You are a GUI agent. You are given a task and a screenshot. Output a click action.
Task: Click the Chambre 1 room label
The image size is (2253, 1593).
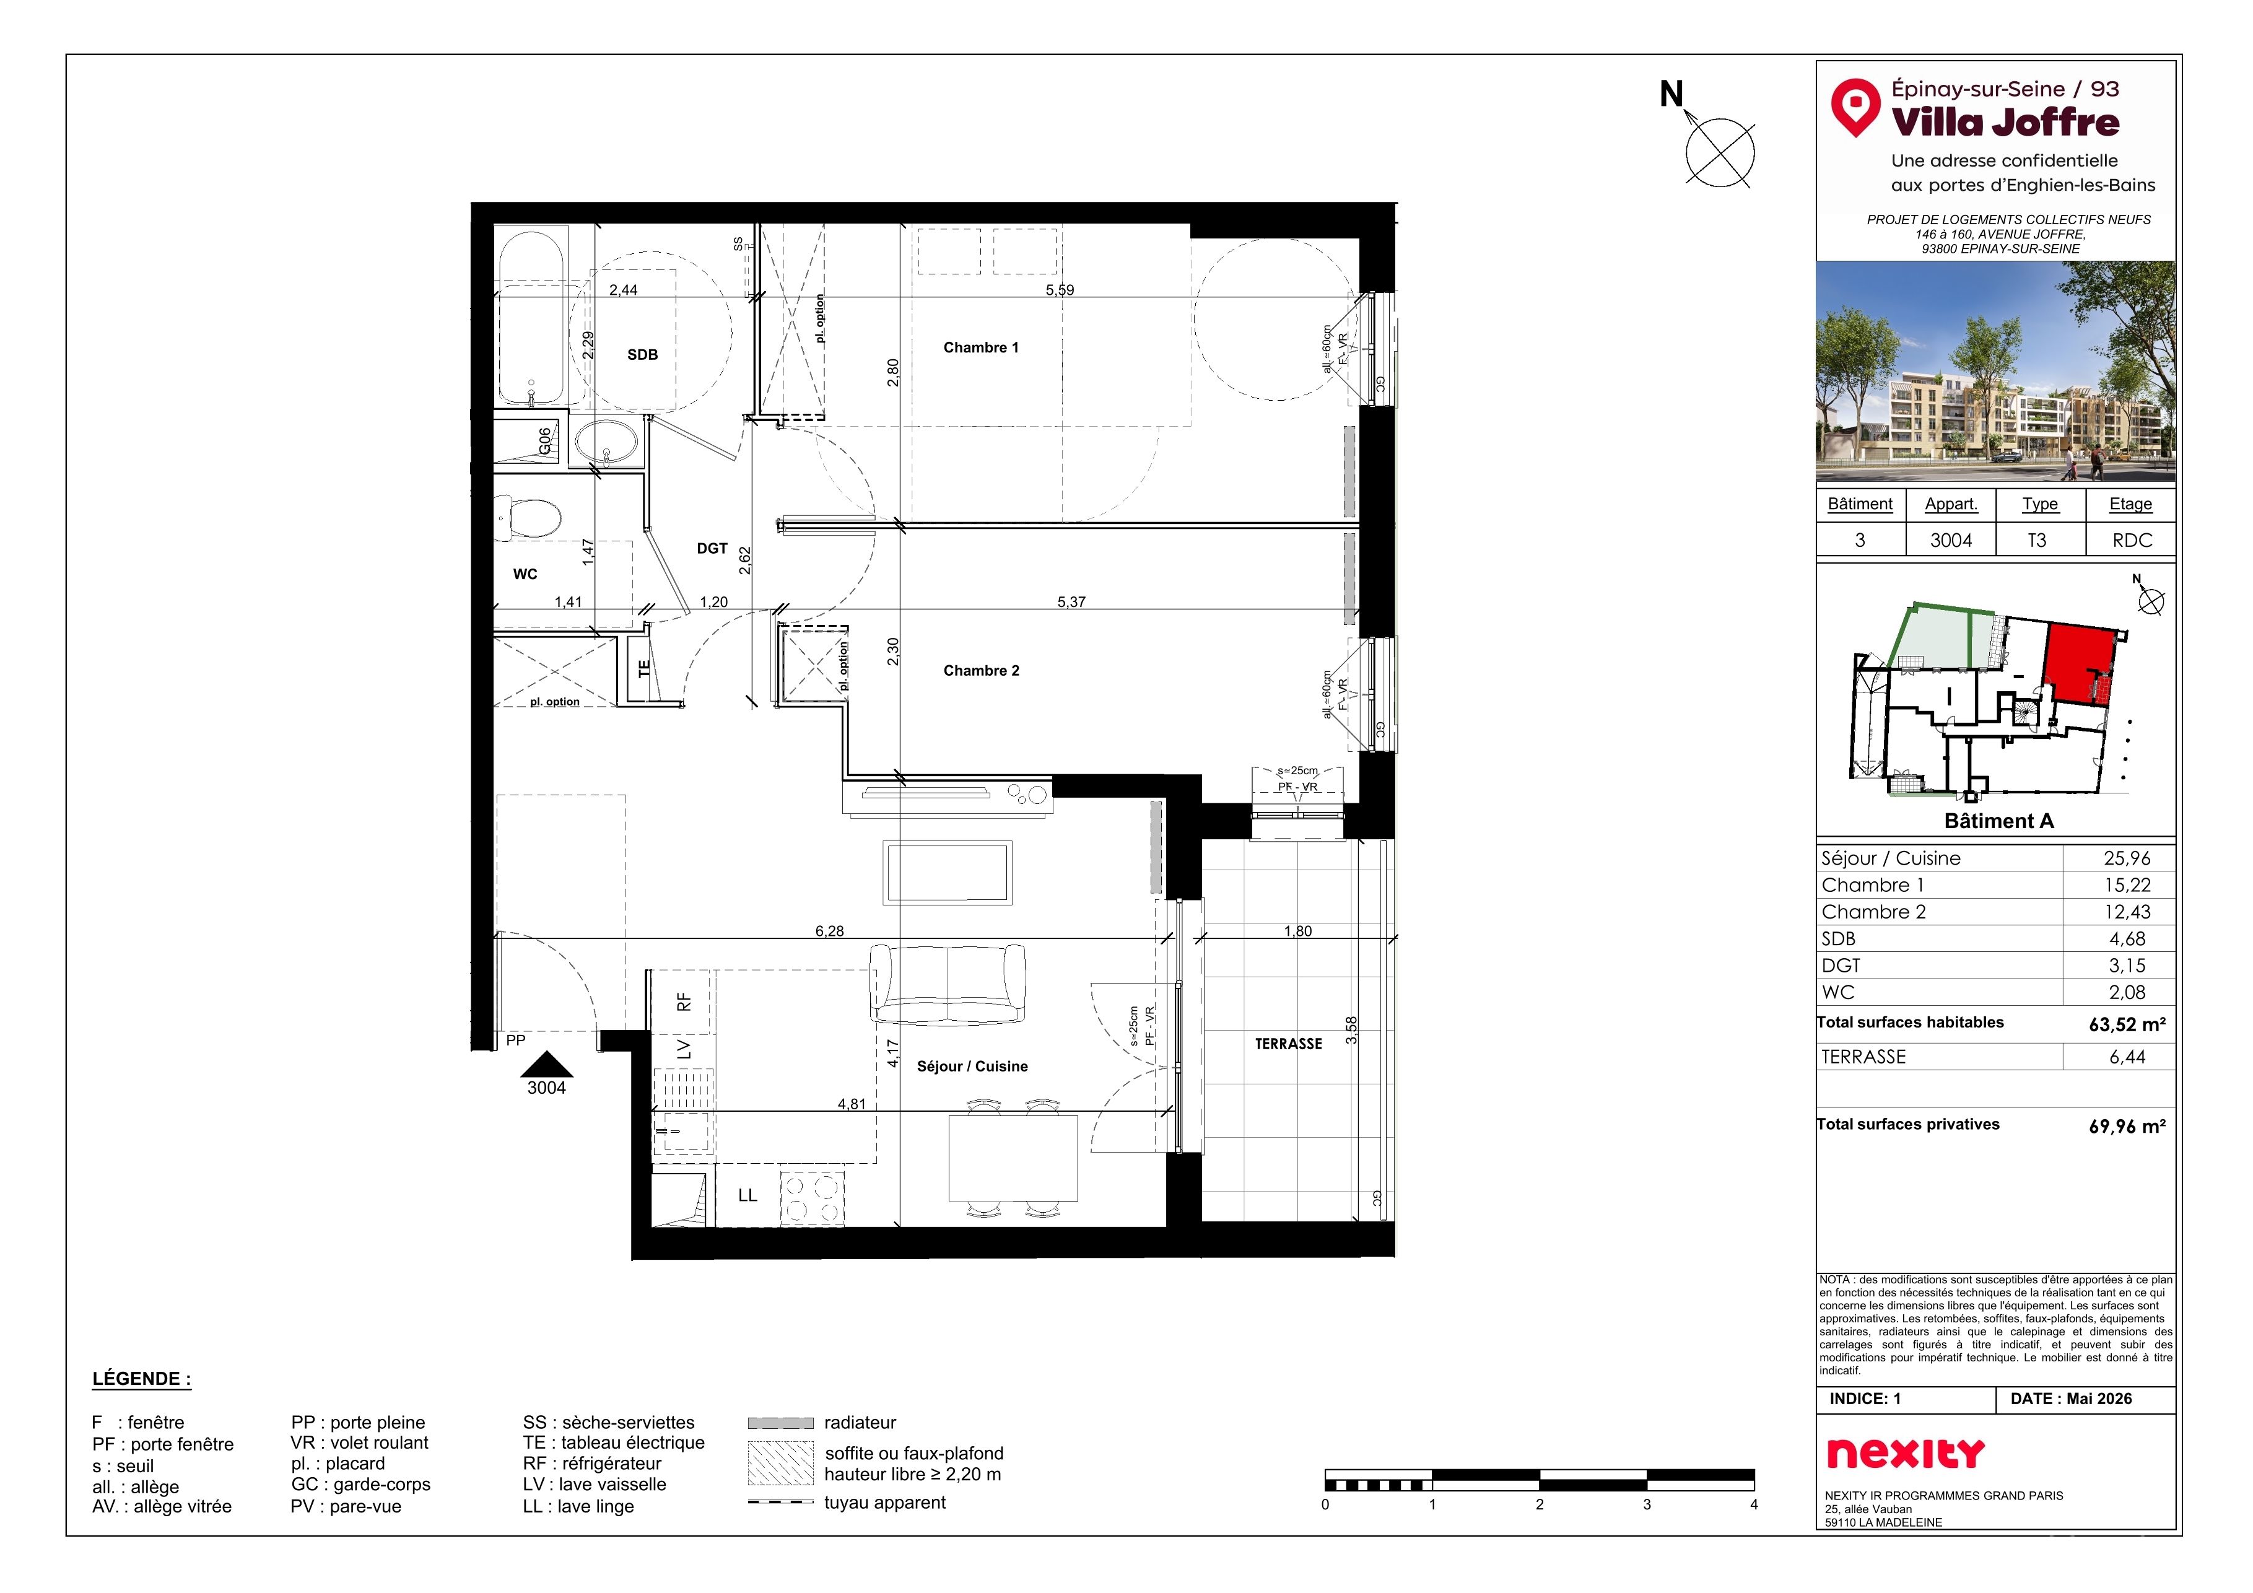pyautogui.click(x=980, y=347)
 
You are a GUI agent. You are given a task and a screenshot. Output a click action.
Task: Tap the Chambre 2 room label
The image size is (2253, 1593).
pyautogui.click(x=981, y=670)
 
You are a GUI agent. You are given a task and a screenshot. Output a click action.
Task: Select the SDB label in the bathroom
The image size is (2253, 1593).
pyautogui.click(x=643, y=354)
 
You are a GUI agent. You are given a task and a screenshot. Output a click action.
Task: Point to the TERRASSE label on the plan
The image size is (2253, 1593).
pyautogui.click(x=1288, y=1044)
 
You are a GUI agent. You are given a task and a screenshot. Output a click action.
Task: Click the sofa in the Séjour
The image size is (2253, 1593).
pyautogui.click(x=948, y=984)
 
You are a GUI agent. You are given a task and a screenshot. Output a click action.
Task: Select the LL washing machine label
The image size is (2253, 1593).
pyautogui.click(x=747, y=1195)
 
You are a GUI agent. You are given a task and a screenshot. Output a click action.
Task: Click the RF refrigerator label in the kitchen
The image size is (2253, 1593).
pyautogui.click(x=684, y=1001)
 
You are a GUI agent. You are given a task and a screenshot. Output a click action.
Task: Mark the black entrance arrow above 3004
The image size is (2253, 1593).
pyautogui.click(x=547, y=1064)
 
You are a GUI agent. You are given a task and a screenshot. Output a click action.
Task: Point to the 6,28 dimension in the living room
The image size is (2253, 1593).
pyautogui.click(x=829, y=930)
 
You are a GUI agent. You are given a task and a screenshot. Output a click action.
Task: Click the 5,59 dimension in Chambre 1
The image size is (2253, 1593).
pyautogui.click(x=1060, y=289)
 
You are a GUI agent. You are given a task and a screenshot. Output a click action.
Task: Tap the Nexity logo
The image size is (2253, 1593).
pyautogui.click(x=1906, y=1452)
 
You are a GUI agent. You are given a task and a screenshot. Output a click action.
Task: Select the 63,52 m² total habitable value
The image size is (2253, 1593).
pyautogui.click(x=2127, y=1024)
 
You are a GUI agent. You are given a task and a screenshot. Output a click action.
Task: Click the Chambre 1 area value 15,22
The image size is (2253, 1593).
pyautogui.click(x=2127, y=885)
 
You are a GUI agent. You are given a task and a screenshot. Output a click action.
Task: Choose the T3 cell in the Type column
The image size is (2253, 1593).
pyautogui.click(x=2037, y=540)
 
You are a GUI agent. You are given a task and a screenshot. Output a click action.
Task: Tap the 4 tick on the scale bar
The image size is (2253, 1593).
pyautogui.click(x=1753, y=1504)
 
